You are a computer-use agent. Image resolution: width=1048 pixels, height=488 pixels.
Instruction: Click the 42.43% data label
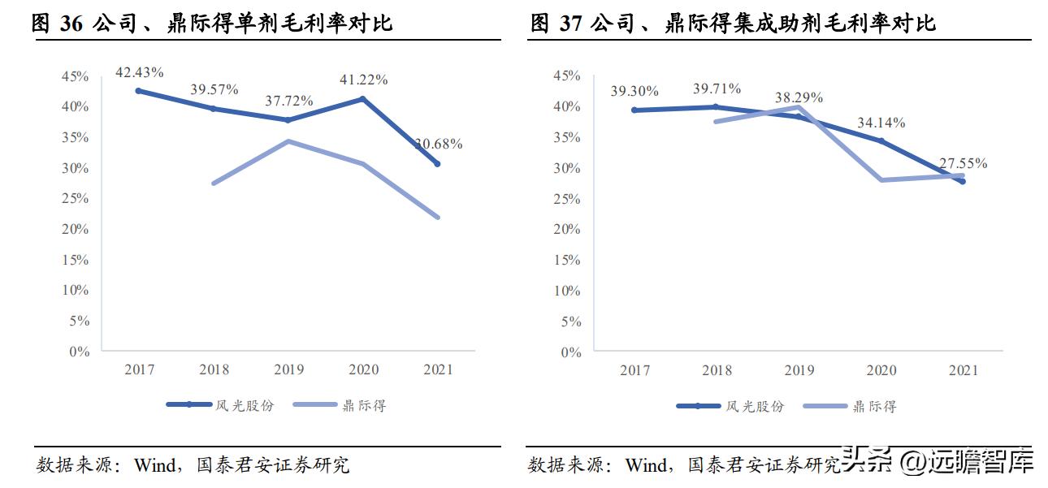pyautogui.click(x=139, y=72)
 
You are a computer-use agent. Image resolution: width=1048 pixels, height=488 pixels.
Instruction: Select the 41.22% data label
pyautogui.click(x=363, y=80)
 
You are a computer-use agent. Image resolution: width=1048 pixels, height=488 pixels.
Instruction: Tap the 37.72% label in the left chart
pyautogui.click(x=289, y=101)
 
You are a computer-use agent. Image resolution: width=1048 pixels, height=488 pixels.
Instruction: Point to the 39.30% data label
pyautogui.click(x=634, y=92)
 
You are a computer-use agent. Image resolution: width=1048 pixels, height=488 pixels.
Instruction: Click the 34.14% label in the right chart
pyautogui.click(x=881, y=123)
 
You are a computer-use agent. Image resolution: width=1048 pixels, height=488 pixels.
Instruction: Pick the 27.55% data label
pyautogui.click(x=963, y=163)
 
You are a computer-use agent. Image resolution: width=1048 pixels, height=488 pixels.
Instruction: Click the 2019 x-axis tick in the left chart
pyautogui.click(x=288, y=369)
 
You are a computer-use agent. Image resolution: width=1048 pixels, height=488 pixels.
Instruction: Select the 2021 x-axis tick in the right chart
pyautogui.click(x=964, y=370)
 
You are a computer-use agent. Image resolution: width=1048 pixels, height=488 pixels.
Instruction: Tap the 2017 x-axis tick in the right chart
pyautogui.click(x=634, y=370)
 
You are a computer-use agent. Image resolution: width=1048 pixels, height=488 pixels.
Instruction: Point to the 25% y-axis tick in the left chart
pyautogui.click(x=76, y=199)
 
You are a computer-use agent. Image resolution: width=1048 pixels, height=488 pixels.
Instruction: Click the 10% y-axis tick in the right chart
pyautogui.click(x=567, y=291)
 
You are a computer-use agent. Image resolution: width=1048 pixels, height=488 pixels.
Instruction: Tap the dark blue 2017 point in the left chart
pyautogui.click(x=139, y=91)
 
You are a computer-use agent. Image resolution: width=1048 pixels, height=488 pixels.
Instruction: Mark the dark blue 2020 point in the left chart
pyautogui.click(x=363, y=99)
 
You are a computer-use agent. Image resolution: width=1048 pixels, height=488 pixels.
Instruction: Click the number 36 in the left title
pyautogui.click(x=71, y=23)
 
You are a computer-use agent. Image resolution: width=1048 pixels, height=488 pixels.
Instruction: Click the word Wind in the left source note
pyautogui.click(x=154, y=465)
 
